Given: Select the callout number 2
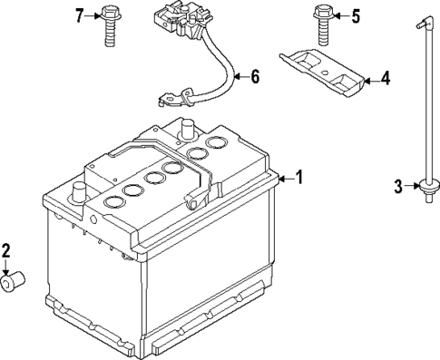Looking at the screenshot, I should (7, 250).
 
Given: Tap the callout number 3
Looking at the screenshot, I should (398, 188).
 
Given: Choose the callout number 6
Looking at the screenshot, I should (254, 76).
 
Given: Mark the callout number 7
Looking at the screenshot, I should (79, 15).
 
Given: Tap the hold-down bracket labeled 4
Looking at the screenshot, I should (321, 72).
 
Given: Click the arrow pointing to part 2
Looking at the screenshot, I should (8, 268).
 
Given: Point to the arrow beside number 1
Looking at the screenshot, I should (285, 179).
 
